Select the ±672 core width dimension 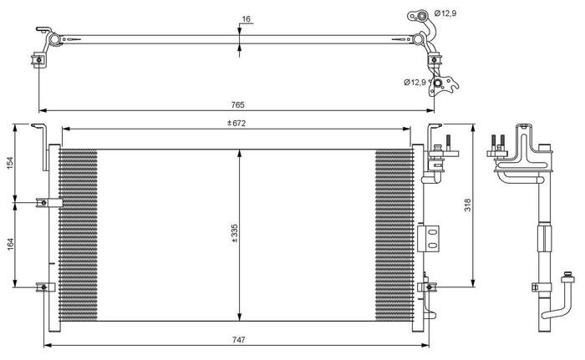pos(237,123)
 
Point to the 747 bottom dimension pos(237,340)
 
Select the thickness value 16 pos(246,18)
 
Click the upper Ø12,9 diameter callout pos(445,14)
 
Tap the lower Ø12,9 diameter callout pos(415,82)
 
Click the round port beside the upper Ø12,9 pos(423,16)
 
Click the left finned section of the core pos(79,235)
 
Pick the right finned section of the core pos(393,235)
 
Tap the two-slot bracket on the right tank pos(432,237)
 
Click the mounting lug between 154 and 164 pos(45,202)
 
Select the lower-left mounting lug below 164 pos(45,287)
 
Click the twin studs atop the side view pos(498,143)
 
